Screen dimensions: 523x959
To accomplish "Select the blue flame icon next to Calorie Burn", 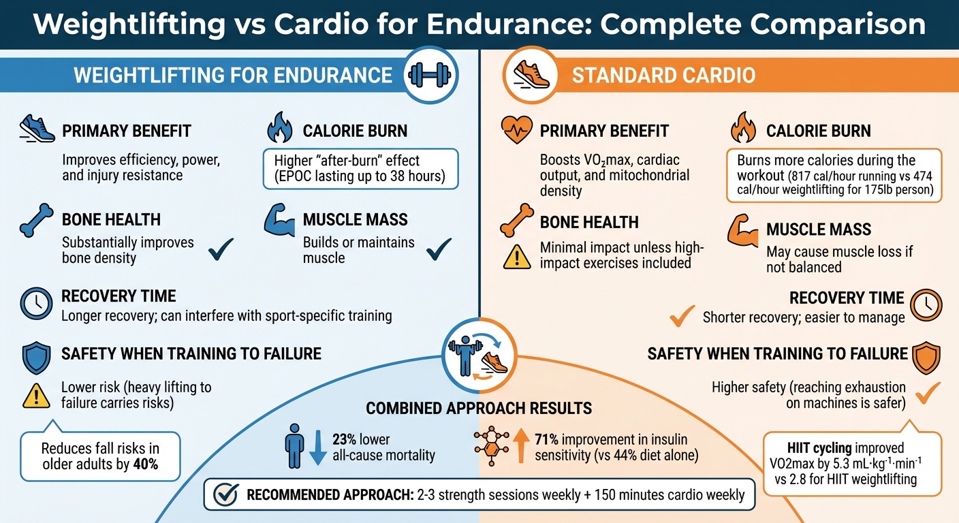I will click(x=279, y=128).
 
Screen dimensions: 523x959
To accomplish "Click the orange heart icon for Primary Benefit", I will click(x=516, y=129).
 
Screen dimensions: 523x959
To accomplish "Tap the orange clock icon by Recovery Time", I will click(x=926, y=304).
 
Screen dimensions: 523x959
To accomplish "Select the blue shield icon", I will click(x=35, y=358).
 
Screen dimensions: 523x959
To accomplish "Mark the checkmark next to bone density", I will click(x=221, y=250).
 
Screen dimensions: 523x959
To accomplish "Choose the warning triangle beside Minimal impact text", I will click(x=516, y=257).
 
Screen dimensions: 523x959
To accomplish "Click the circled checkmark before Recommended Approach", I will click(x=225, y=494).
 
